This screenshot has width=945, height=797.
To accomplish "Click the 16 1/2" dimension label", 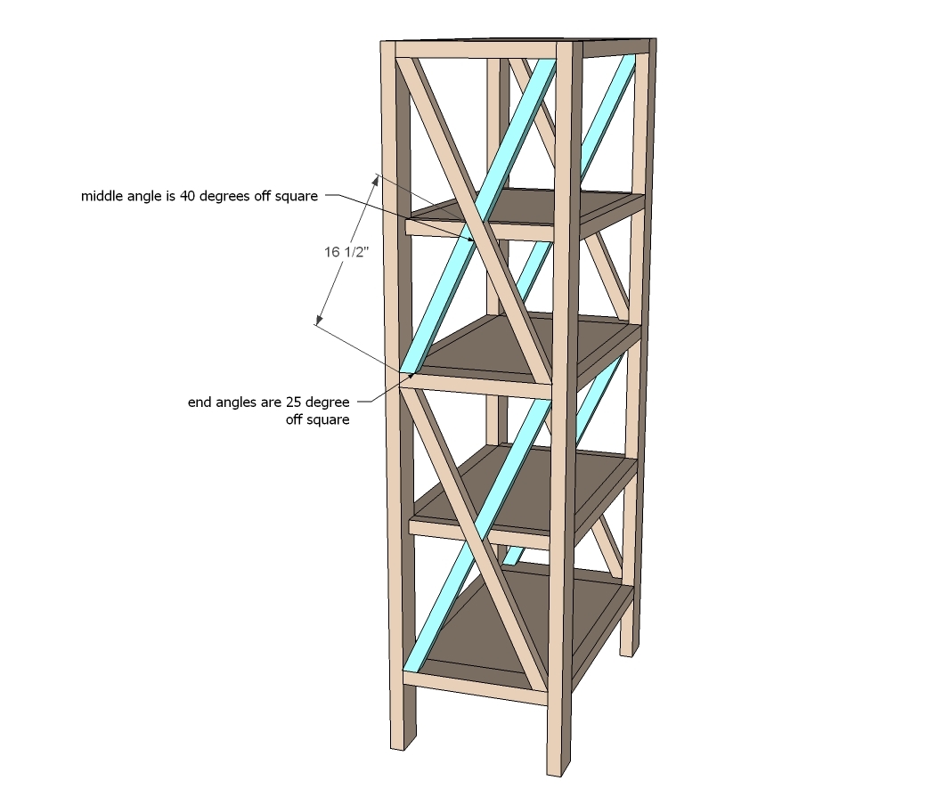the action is coord(346,252).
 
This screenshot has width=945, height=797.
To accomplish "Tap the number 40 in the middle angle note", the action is coord(188,196).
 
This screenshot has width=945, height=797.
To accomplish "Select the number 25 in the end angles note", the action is coord(294,402).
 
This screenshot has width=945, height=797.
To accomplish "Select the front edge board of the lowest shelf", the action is coord(477,688).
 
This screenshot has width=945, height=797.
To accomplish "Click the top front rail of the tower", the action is coord(477,49).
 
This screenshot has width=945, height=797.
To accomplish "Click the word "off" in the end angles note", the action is coord(294,419).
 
